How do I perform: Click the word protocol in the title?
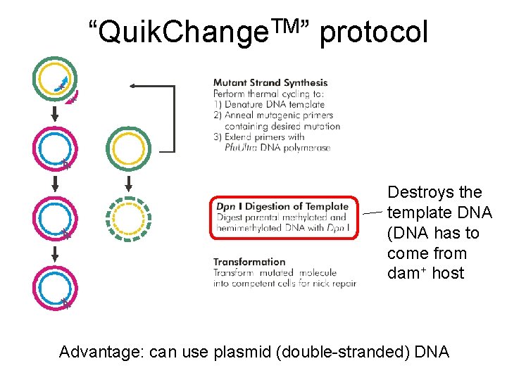tap(373, 32)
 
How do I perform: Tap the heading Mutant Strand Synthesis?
tap(270, 82)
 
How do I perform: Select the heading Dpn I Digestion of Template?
tap(282, 206)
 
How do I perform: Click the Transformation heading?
tap(249, 262)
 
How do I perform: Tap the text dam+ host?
tap(425, 273)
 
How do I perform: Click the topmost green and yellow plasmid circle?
tap(54, 79)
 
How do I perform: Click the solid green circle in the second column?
tap(128, 148)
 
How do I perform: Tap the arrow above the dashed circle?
tap(128, 184)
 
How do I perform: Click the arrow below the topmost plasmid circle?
tap(54, 113)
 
